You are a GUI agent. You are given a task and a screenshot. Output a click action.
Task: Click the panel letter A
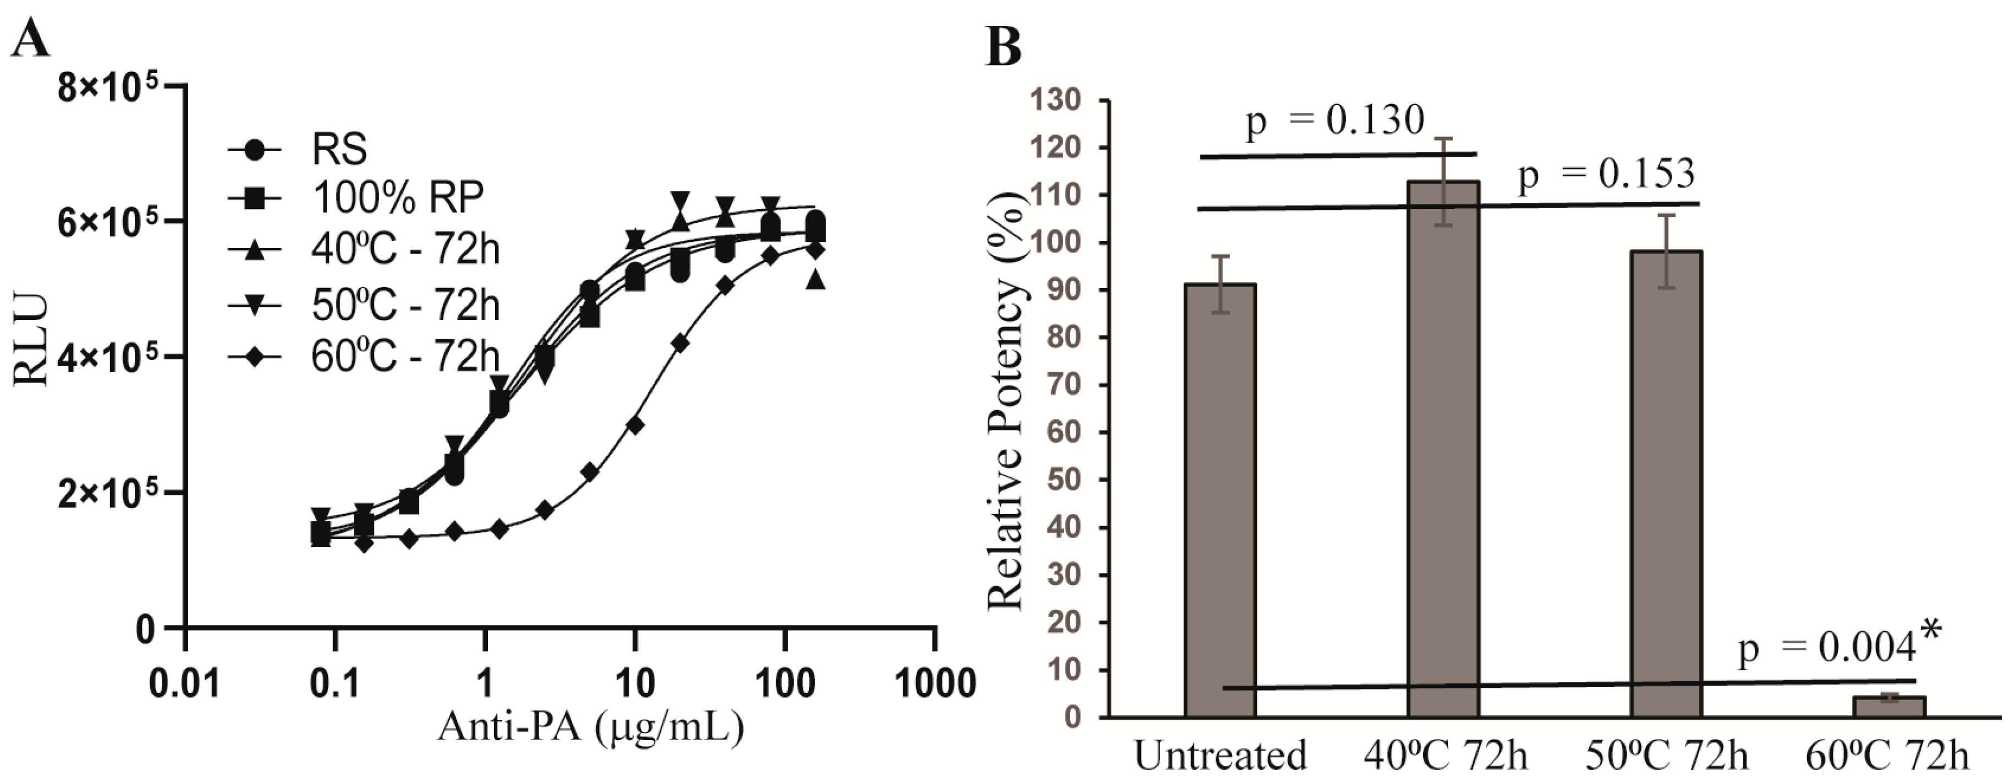[x=30, y=37]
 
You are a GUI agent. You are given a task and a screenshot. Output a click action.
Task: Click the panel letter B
[x=1003, y=46]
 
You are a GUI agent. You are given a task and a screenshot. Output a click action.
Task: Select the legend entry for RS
[x=339, y=148]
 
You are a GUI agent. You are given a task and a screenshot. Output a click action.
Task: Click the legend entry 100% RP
[x=397, y=198]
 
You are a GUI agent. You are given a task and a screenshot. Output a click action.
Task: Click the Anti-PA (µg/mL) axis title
[x=591, y=727]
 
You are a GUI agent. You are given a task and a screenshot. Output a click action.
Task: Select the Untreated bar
[x=1220, y=500]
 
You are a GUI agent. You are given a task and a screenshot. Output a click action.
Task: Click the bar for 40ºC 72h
[x=1443, y=450]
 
